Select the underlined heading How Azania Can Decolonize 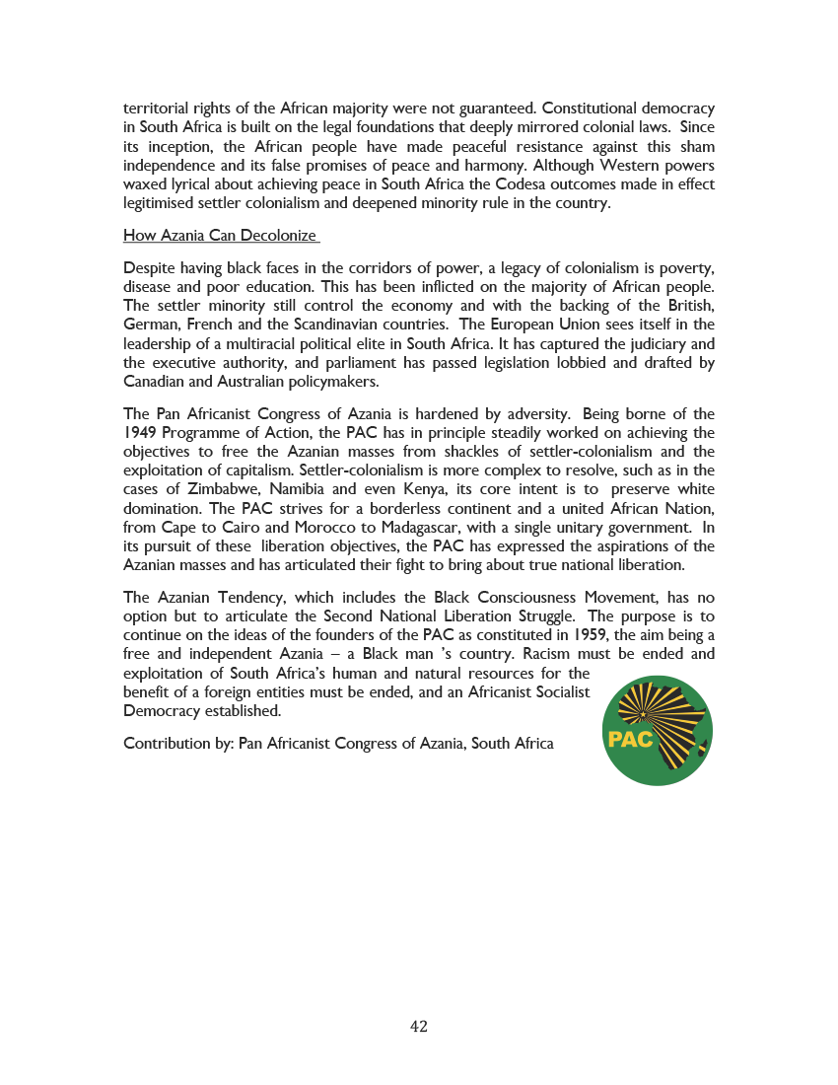point(220,236)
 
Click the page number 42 point(419,1027)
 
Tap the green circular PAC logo point(657,731)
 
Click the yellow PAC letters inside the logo point(631,740)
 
